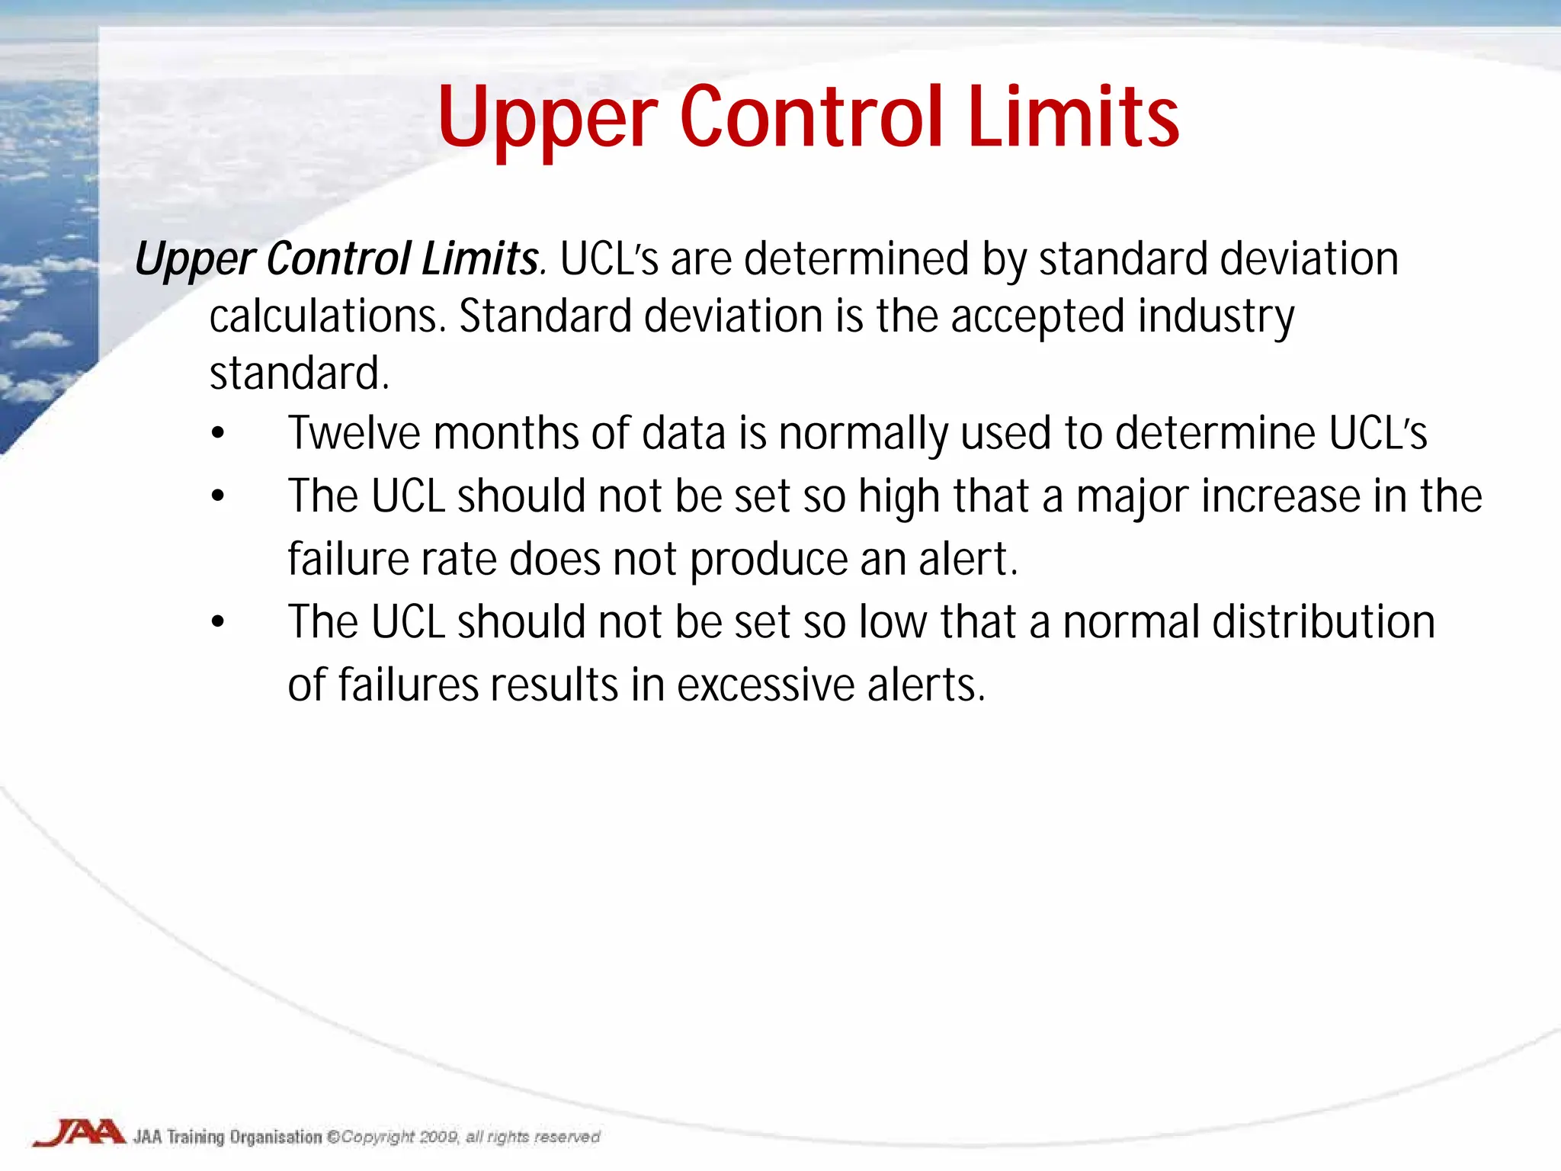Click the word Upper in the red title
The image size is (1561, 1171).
pyautogui.click(x=547, y=118)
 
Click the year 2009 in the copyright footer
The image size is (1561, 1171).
pyautogui.click(x=438, y=1137)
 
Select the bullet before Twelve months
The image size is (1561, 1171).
pyautogui.click(x=219, y=433)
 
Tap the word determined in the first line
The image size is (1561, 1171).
pyautogui.click(x=856, y=259)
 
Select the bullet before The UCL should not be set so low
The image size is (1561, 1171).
pyautogui.click(x=219, y=622)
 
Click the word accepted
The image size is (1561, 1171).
pyautogui.click(x=1037, y=316)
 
